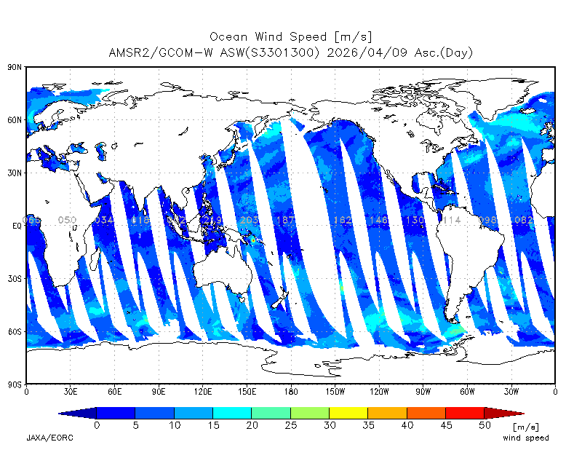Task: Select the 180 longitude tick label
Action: click(291, 391)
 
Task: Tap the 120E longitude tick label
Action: click(203, 391)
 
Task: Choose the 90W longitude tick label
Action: click(423, 391)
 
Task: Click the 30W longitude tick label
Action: click(511, 391)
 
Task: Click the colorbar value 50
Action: click(484, 425)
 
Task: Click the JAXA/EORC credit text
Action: click(49, 438)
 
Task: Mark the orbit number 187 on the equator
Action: click(285, 220)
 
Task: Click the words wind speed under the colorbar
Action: click(526, 438)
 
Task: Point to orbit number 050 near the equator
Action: click(67, 220)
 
